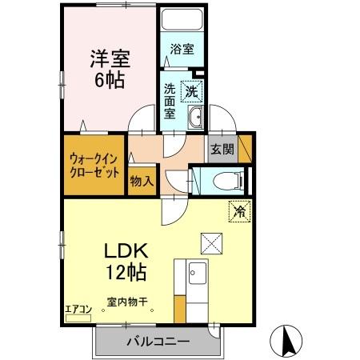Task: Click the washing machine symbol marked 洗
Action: click(192, 91)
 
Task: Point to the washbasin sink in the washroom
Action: click(196, 120)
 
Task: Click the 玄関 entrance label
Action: click(222, 149)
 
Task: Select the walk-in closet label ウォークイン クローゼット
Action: click(94, 165)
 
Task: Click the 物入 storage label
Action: click(142, 182)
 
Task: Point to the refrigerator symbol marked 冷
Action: click(239, 211)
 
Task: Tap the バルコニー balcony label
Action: click(157, 342)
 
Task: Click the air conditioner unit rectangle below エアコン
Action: click(78, 318)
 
